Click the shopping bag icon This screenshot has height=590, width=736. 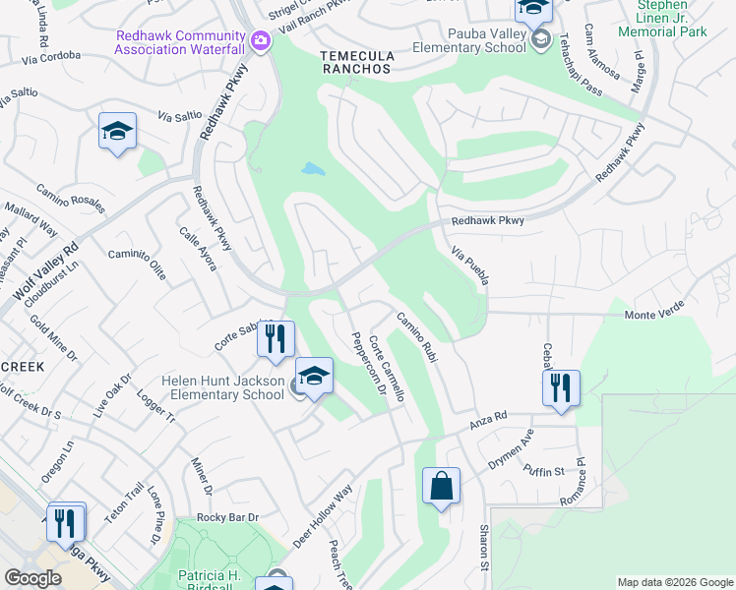[442, 486]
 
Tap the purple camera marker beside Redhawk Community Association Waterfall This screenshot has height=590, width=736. [260, 41]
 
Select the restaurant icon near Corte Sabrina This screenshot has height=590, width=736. [276, 339]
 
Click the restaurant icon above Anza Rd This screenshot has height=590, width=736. [560, 385]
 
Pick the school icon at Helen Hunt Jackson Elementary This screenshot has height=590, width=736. [314, 377]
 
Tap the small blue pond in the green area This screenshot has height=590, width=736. [313, 169]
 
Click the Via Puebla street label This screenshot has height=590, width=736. [470, 267]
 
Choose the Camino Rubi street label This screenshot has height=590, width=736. [416, 339]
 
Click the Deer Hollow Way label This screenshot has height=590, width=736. [322, 517]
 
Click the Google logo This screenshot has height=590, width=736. [33, 578]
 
